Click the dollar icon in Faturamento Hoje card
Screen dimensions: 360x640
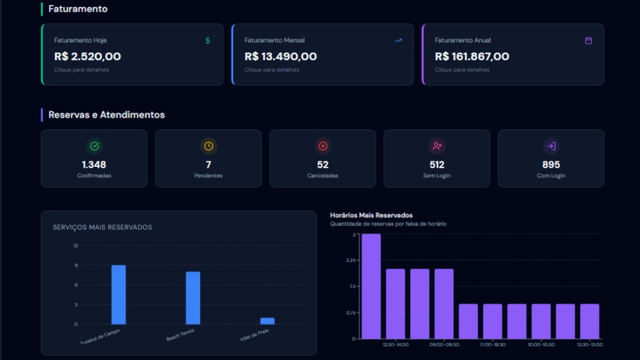coord(208,41)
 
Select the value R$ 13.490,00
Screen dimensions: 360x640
coord(281,56)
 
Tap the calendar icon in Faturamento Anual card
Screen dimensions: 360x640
coord(588,41)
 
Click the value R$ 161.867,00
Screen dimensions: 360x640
coord(472,56)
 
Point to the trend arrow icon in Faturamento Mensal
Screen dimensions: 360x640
coord(398,41)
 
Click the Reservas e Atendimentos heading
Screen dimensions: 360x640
coord(106,115)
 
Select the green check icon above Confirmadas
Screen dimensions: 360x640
coord(94,146)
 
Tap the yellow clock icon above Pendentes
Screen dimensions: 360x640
coord(208,146)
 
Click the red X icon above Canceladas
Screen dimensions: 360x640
coord(322,146)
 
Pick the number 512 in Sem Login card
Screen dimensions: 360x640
coord(437,165)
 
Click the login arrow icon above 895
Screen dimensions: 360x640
coord(551,146)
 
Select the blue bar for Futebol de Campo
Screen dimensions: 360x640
coord(119,294)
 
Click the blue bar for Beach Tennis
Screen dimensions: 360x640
coord(192,297)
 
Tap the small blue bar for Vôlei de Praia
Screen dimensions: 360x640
coord(267,321)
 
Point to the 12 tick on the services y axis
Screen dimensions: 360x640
coord(76,246)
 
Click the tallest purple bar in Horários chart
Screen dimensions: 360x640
coord(371,286)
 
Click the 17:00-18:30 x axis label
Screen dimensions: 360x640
coord(492,344)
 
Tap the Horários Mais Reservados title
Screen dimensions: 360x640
coord(371,215)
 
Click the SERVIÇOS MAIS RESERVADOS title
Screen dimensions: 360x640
coord(102,227)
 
